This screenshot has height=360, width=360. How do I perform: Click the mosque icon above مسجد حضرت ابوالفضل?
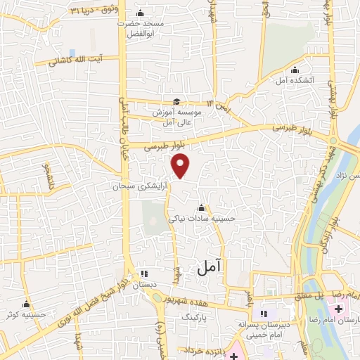point(140,13)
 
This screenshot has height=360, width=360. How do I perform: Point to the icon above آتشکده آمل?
point(295,70)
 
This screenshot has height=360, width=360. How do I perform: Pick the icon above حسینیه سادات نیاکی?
point(202,208)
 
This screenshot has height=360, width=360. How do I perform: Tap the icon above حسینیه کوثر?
point(26,304)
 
